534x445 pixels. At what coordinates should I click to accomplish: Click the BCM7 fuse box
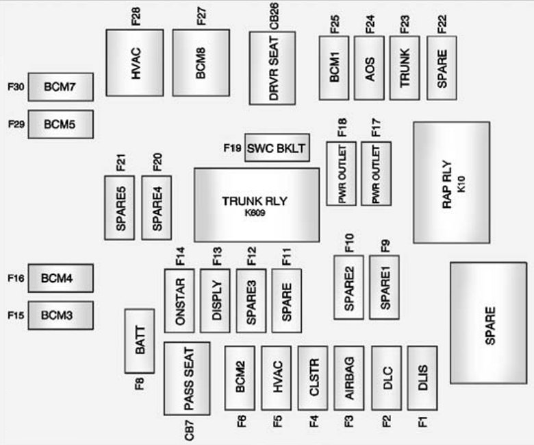(60, 87)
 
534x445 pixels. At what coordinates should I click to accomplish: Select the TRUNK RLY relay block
(257, 205)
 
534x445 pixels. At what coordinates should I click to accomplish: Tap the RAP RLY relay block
(451, 182)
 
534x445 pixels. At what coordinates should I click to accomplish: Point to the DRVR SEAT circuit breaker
(272, 67)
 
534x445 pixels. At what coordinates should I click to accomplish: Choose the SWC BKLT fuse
(277, 147)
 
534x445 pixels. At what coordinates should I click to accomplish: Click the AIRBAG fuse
(349, 378)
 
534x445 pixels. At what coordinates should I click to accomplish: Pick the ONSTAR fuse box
(179, 300)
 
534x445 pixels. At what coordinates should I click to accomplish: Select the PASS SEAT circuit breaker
(187, 378)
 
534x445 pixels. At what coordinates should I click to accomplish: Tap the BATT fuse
(140, 341)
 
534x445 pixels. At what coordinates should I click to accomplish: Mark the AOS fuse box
(370, 68)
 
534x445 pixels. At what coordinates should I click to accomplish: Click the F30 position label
(16, 87)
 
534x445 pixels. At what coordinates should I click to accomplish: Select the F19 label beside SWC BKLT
(231, 147)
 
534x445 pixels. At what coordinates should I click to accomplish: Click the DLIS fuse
(422, 378)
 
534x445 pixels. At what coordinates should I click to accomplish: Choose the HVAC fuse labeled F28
(135, 62)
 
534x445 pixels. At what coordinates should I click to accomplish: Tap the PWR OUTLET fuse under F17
(376, 174)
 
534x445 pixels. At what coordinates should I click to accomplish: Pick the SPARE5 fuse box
(119, 207)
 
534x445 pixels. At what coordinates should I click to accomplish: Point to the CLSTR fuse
(314, 378)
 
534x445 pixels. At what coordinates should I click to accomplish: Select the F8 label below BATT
(140, 383)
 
